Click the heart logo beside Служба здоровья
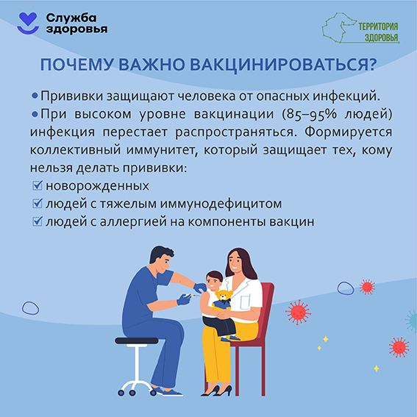pyautogui.click(x=26, y=22)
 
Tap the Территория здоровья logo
pyautogui.click(x=361, y=26)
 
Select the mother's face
pyautogui.click(x=238, y=262)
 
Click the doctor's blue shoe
pyautogui.click(x=171, y=393)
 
